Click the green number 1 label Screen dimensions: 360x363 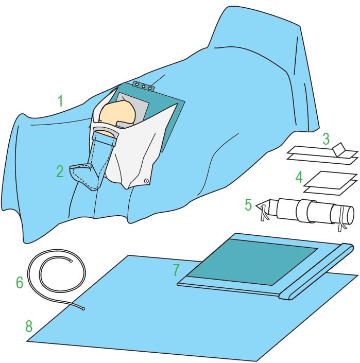click(60, 101)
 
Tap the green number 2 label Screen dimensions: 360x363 click(60, 171)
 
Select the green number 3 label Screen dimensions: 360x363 click(326, 139)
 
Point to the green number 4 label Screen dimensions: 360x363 click(299, 177)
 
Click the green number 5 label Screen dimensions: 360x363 click(248, 205)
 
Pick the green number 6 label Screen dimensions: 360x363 click(20, 283)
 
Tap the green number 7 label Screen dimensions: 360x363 click(176, 270)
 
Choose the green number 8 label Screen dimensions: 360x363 click(29, 326)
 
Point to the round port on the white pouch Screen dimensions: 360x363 click(146, 181)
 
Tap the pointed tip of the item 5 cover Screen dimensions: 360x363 click(256, 205)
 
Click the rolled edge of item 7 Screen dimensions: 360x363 click(316, 271)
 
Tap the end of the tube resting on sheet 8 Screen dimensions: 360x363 click(83, 309)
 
